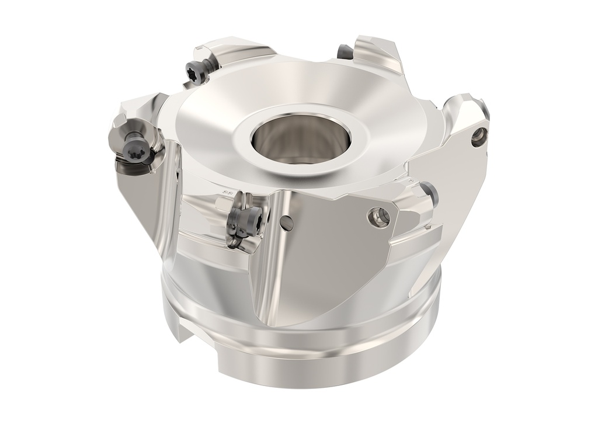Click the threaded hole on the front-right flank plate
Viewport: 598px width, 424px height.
[380, 217]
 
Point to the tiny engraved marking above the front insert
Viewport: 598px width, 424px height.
[230, 192]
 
